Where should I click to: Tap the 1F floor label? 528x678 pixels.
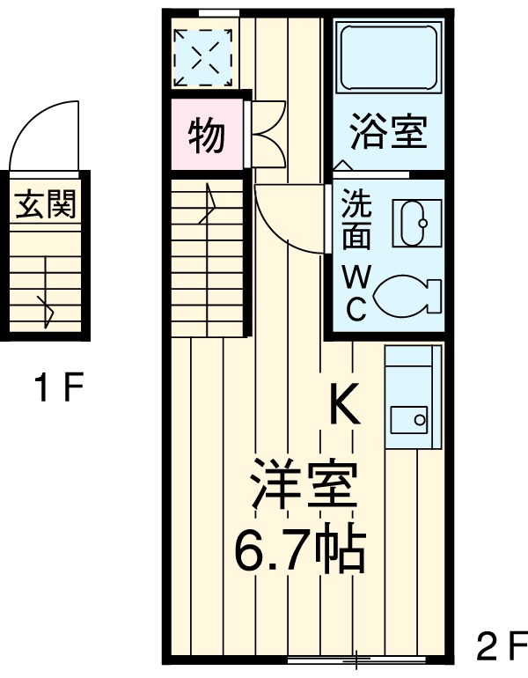59,387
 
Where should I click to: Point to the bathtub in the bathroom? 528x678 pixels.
388,59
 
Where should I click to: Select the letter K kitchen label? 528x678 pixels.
344,406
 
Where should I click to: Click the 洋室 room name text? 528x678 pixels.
304,485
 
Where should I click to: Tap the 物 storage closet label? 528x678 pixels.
207,136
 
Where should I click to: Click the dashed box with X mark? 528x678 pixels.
202,58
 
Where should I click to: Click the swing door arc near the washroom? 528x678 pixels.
286,220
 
